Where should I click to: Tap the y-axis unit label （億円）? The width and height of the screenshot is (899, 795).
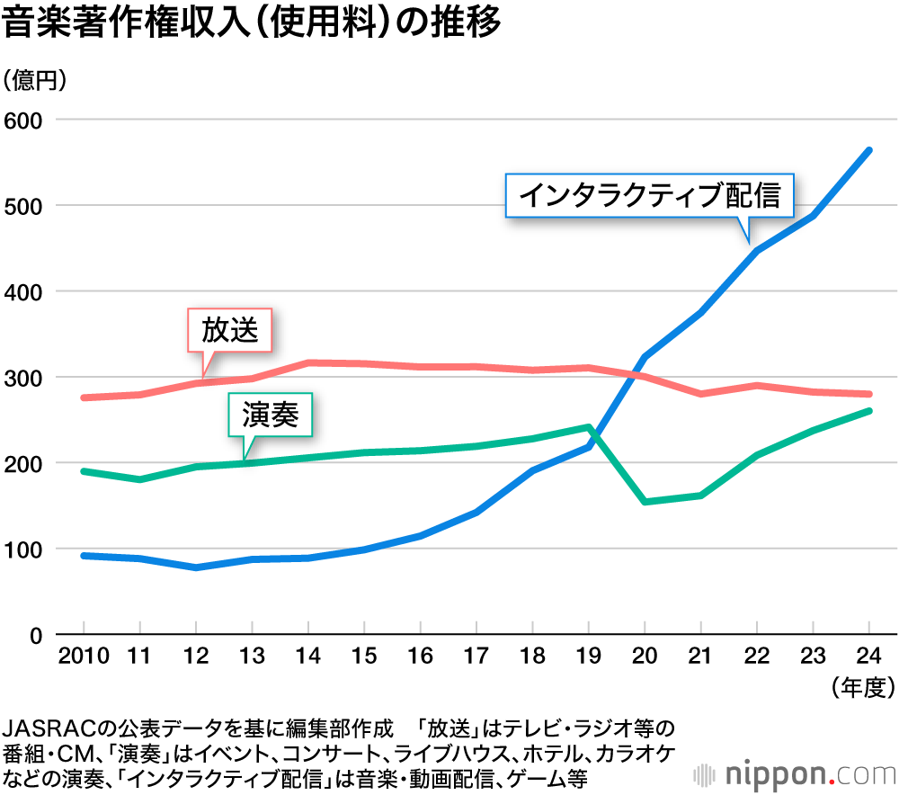[35, 81]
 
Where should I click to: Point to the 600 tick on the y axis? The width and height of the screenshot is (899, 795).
[24, 120]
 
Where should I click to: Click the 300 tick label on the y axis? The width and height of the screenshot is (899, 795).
[24, 378]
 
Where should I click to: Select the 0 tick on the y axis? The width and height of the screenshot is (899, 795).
[36, 636]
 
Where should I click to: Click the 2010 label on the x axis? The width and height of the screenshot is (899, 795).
[84, 655]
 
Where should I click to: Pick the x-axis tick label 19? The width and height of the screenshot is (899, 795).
[589, 655]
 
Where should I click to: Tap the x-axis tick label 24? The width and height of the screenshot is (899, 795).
[868, 655]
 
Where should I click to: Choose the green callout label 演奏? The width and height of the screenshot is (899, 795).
[270, 414]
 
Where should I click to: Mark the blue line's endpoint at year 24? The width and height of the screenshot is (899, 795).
[868, 150]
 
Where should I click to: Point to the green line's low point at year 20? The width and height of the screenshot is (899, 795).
[645, 501]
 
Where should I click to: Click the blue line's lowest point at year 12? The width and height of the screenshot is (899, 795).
[196, 567]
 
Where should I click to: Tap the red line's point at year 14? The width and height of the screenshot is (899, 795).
[308, 362]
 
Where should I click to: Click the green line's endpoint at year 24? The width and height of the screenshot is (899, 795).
[868, 411]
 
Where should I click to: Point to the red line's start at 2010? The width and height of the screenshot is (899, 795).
[84, 397]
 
